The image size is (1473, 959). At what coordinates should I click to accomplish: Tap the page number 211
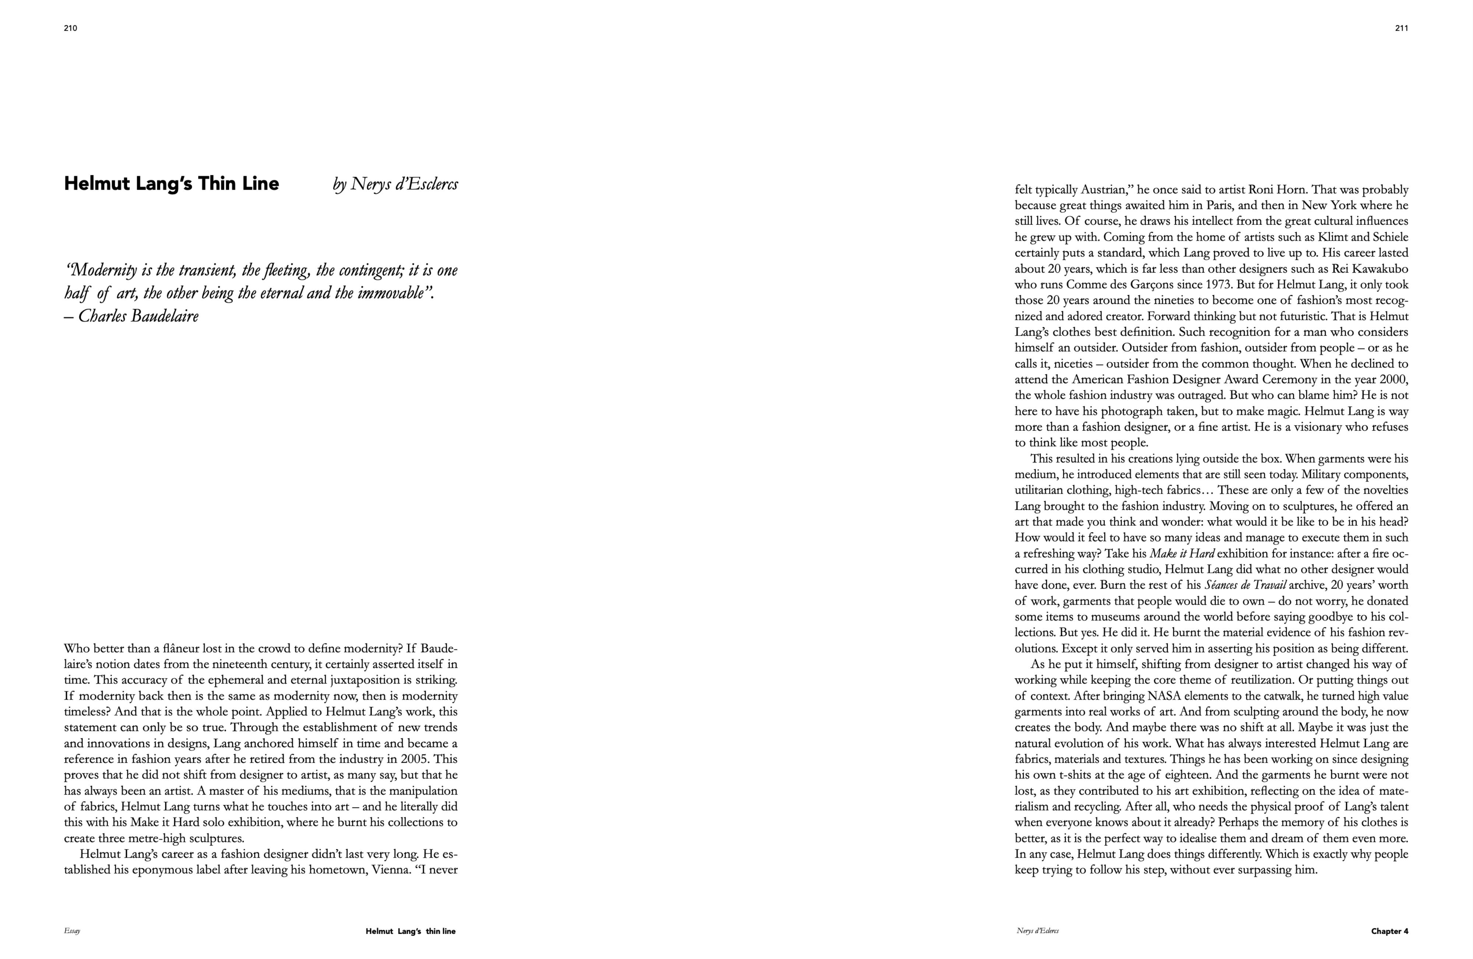1402,28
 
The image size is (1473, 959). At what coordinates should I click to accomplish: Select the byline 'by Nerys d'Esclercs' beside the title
396,184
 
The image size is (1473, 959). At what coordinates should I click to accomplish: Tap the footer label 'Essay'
72,931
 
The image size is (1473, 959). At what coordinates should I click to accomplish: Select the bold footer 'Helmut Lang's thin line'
410,931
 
